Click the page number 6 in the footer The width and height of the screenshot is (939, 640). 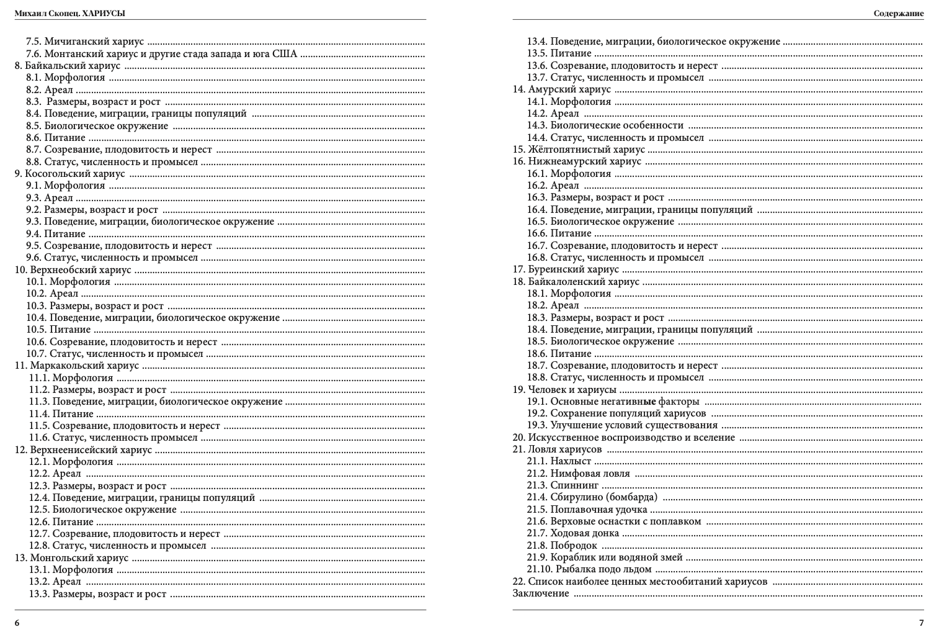click(17, 623)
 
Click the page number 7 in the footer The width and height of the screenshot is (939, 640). click(921, 623)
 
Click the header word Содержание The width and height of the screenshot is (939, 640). click(899, 13)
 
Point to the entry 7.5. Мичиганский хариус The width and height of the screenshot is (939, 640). click(85, 42)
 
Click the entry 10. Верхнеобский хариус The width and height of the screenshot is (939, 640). click(73, 270)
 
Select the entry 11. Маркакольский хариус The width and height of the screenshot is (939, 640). click(77, 366)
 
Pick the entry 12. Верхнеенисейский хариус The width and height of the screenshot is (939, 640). click(83, 450)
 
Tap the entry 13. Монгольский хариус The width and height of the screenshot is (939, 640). click(71, 557)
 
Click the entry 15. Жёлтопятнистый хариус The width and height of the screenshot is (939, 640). click(579, 150)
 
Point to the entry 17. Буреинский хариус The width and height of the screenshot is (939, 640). click(566, 269)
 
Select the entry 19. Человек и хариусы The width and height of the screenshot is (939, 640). click(564, 390)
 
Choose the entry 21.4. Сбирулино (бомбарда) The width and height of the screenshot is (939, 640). click(592, 497)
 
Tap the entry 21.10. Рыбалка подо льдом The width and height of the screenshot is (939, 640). click(589, 569)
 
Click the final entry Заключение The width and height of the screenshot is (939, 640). click(541, 593)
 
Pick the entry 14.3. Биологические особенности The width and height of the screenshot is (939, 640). click(605, 125)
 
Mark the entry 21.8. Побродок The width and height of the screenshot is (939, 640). click(562, 545)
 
